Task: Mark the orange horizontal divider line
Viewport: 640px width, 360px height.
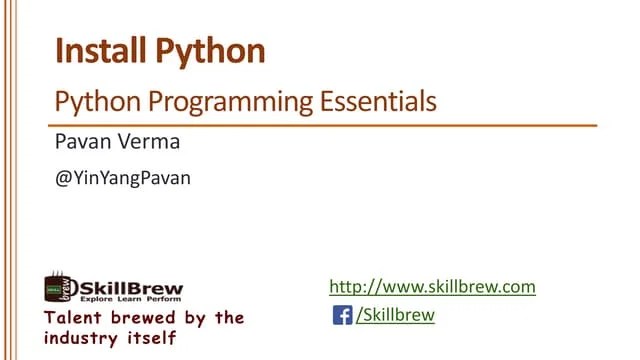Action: point(325,126)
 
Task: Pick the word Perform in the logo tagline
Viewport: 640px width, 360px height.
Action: point(163,298)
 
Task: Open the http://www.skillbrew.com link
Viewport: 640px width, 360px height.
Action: point(432,288)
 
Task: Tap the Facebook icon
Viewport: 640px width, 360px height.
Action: point(341,316)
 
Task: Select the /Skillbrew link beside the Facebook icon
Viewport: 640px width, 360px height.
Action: point(395,316)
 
